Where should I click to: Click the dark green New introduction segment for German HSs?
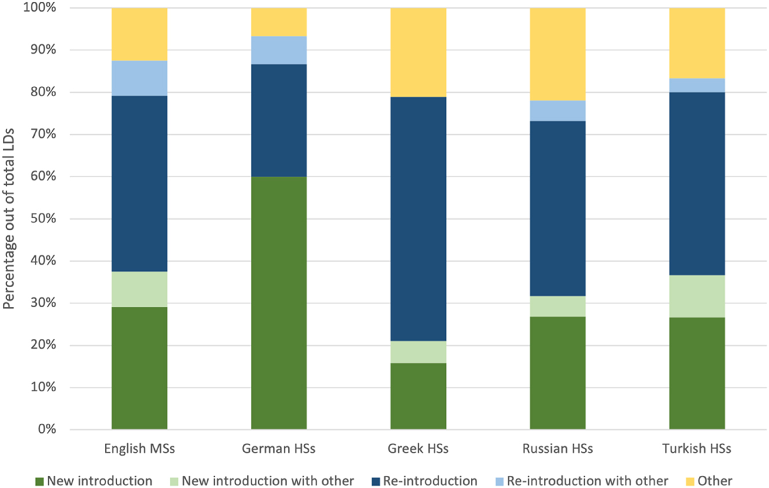[279, 303]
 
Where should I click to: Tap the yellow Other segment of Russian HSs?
[558, 54]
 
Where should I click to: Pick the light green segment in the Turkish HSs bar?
[697, 296]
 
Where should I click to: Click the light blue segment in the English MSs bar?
[140, 78]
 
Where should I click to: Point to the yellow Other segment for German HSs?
[279, 22]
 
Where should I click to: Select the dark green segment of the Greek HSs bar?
[418, 396]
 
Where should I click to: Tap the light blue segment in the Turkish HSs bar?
[697, 85]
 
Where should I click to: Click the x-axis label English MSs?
[140, 449]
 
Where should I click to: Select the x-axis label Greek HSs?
[418, 449]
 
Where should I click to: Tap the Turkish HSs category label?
[697, 449]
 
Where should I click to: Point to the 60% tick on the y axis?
[43, 177]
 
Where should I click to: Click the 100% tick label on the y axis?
[41, 8]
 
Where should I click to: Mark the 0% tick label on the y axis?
[46, 430]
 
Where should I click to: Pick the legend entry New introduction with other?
[268, 480]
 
